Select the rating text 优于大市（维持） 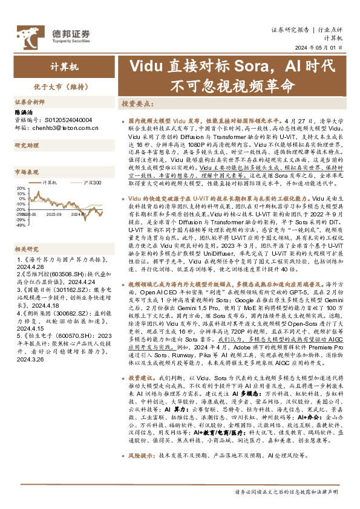tap(51, 86)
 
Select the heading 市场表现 tap(26, 171)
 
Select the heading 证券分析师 tap(29, 102)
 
